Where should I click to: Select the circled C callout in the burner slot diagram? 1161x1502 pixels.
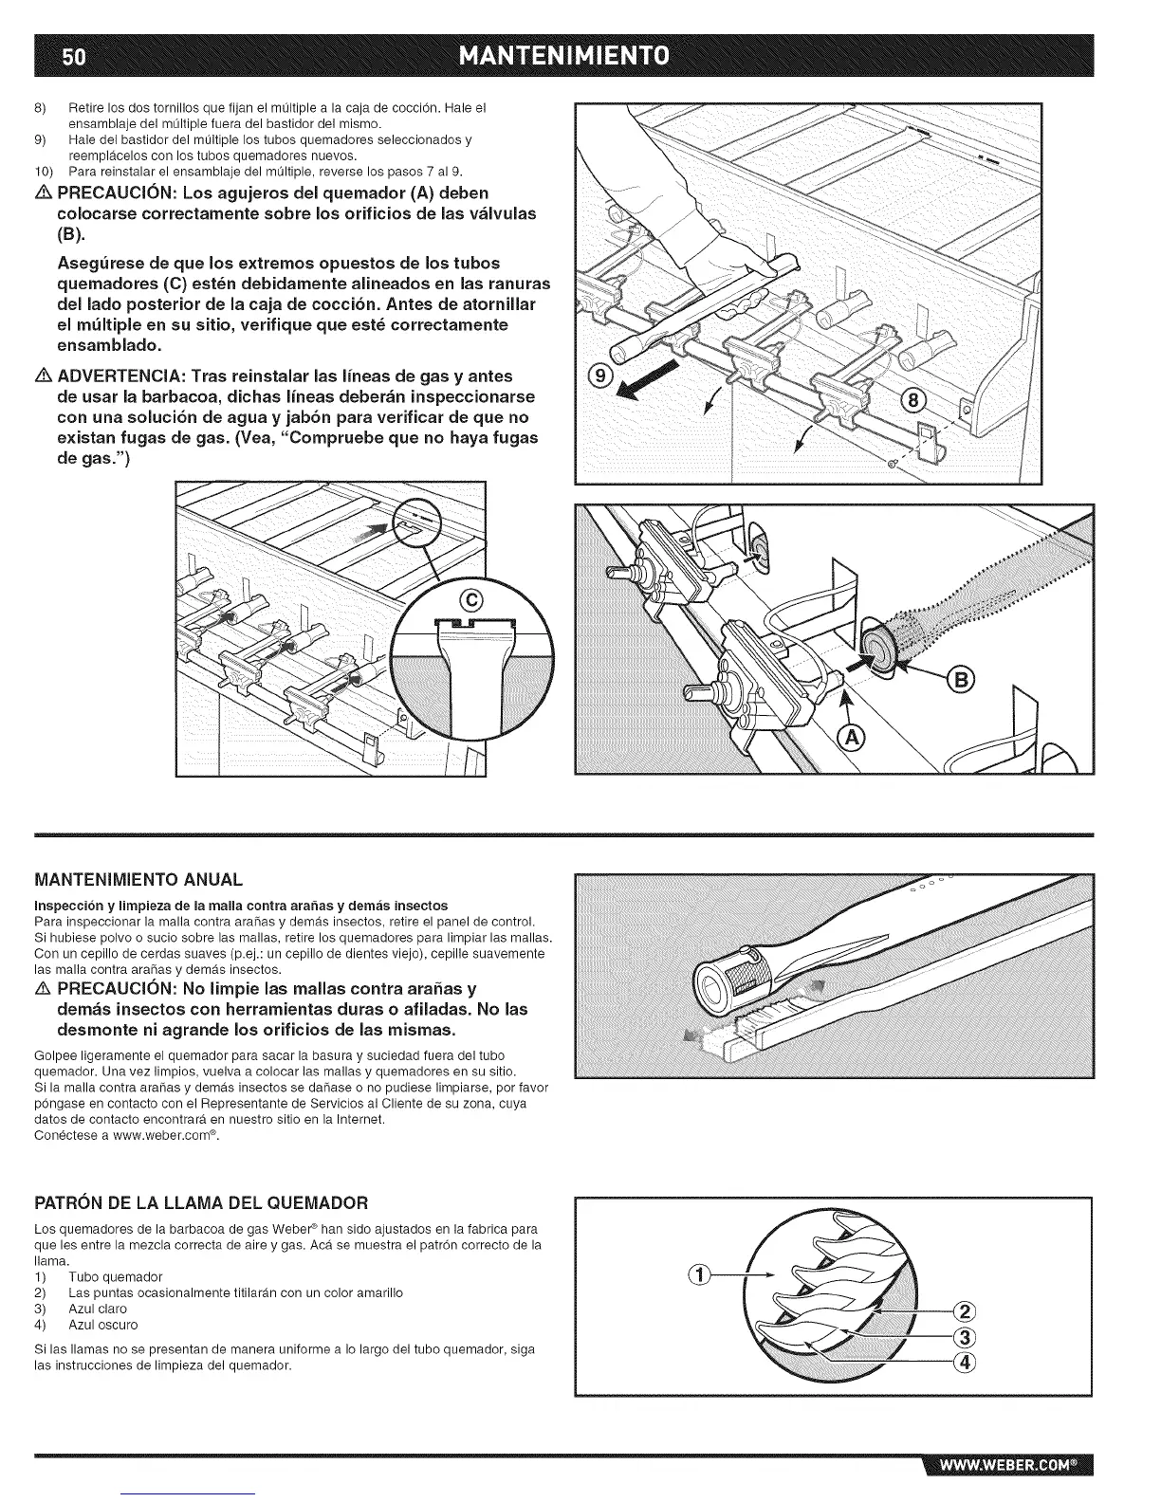[x=471, y=598]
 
